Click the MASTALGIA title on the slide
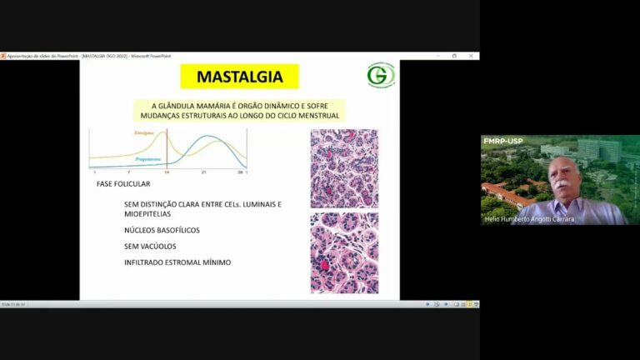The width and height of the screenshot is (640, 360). pos(239,77)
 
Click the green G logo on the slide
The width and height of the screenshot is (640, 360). pos(381,76)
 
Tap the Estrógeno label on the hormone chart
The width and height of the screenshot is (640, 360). pos(146,133)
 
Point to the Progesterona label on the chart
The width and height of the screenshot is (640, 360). pos(148,157)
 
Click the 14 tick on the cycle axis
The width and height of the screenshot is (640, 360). pos(167,172)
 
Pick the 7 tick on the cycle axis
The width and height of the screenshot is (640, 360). pos(128,172)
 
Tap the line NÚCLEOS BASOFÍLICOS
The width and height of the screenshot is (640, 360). pos(162,230)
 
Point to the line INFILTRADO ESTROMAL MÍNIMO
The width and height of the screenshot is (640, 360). pos(177,262)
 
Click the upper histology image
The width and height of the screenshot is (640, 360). pos(344,167)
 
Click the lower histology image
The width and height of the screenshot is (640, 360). pos(344,252)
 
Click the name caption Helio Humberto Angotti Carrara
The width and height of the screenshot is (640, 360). pos(528,219)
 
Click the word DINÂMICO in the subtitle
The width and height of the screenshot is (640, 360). pos(276,106)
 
